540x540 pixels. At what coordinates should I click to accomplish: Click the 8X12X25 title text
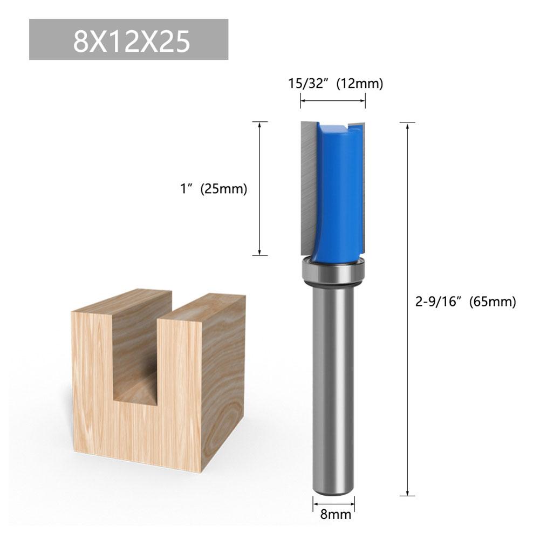coord(132,41)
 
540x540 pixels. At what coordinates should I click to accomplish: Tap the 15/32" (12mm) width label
coord(334,84)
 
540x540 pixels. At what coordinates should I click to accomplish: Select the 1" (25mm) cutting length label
coord(214,189)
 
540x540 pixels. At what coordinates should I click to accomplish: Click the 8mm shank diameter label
coord(334,514)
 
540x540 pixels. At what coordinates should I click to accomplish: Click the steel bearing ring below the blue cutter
coord(333,272)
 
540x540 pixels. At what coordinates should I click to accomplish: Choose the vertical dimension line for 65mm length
coord(407,307)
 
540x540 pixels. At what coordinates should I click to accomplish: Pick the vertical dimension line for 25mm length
coord(261,189)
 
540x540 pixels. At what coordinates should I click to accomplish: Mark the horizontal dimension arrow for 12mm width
coord(333,100)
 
